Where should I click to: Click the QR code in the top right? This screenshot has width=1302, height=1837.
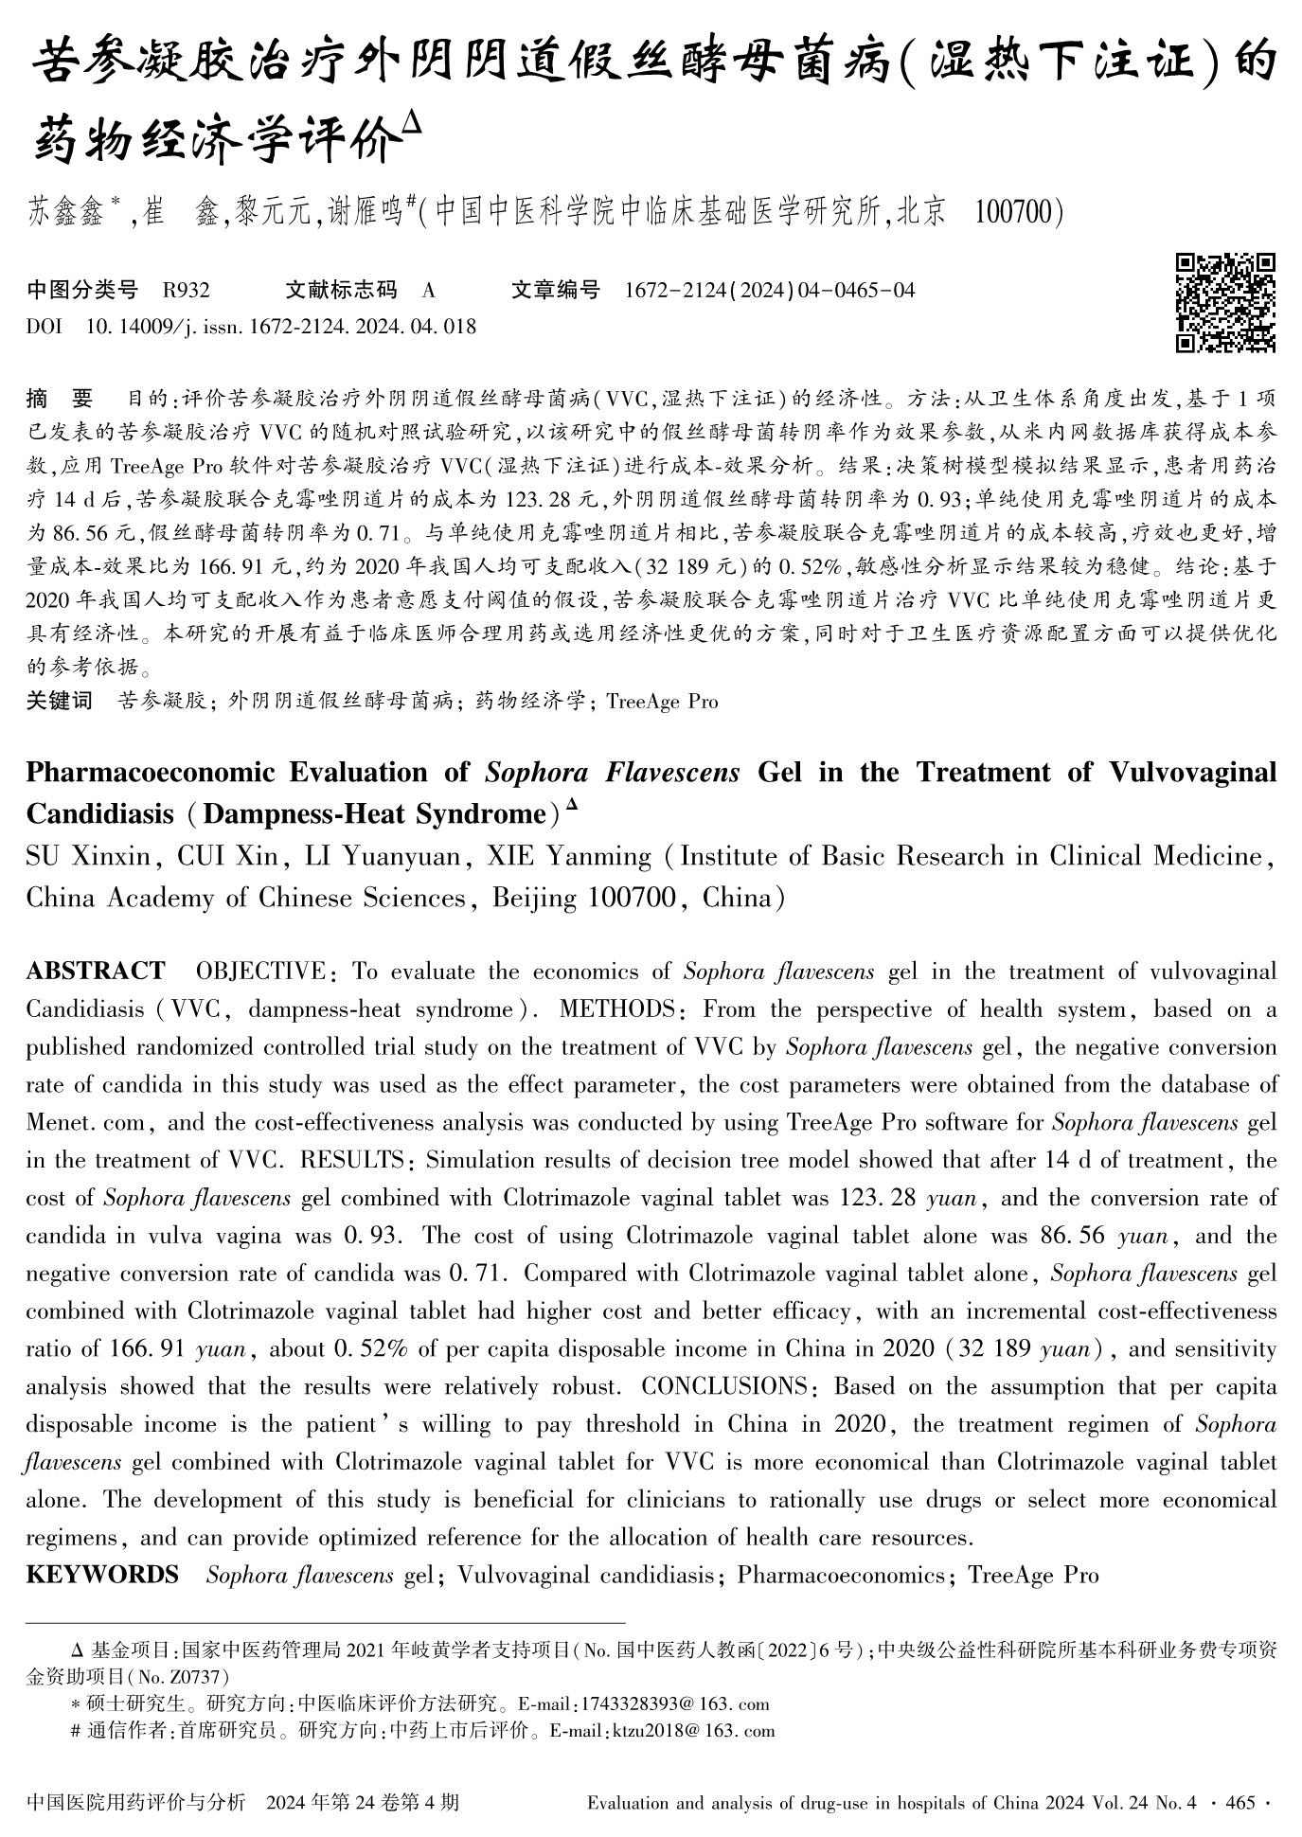point(1225,302)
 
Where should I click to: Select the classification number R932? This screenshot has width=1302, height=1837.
point(186,290)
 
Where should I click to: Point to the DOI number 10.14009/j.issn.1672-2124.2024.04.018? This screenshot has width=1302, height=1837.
point(281,327)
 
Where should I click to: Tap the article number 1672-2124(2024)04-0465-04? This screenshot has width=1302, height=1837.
point(770,290)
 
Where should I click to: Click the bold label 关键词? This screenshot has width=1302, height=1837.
point(59,701)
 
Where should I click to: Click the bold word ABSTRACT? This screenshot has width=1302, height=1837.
point(95,972)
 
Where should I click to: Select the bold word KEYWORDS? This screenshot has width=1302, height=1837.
point(102,1575)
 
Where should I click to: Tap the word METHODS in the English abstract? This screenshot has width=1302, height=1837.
point(618,1009)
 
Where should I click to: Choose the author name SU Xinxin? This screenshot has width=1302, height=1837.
point(88,857)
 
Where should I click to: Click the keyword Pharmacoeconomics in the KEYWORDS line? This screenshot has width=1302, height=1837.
point(842,1575)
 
